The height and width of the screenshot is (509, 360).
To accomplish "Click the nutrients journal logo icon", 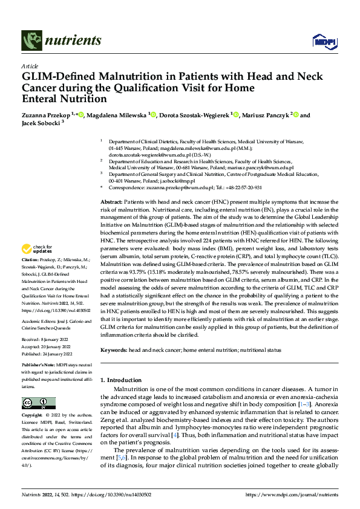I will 31,41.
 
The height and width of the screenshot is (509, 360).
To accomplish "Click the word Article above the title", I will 29,66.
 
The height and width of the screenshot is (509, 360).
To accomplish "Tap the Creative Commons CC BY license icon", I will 38,403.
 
